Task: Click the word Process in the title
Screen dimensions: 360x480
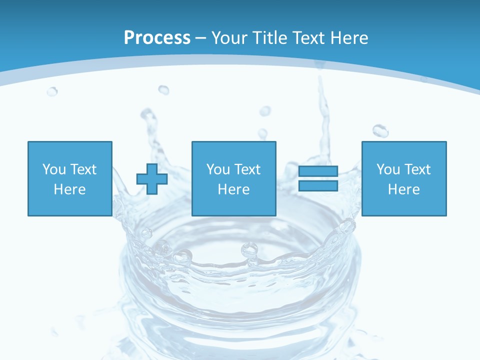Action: click(157, 37)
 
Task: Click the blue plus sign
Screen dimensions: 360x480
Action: click(152, 179)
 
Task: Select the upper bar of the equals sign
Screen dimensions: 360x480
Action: click(318, 171)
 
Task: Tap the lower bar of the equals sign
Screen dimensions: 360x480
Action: click(318, 186)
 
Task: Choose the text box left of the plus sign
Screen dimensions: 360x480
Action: click(69, 178)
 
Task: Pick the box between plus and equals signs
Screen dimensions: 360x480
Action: click(233, 178)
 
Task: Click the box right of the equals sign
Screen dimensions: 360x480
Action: click(403, 178)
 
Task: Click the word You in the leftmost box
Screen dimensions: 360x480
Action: click(54, 169)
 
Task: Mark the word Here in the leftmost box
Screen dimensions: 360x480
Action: click(69, 189)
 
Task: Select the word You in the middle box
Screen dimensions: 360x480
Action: click(218, 169)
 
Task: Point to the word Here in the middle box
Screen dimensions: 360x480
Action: click(233, 189)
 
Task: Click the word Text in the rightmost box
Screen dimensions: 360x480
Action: click(416, 169)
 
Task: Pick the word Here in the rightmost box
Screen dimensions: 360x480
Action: click(403, 189)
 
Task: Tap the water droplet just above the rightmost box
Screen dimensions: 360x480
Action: click(380, 131)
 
